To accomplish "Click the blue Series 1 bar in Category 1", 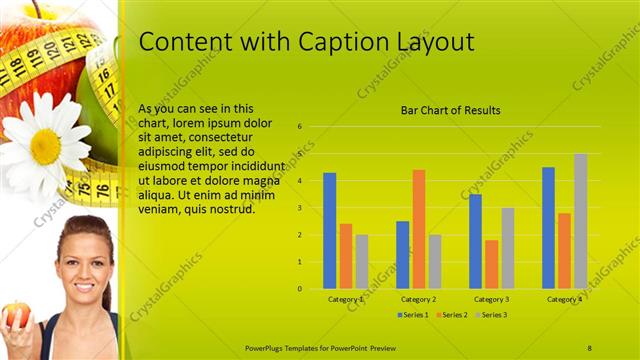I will coord(329,231).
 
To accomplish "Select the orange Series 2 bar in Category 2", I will coord(418,229).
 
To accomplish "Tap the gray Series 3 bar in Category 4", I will coord(580,221).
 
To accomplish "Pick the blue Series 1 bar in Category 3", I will coord(475,241).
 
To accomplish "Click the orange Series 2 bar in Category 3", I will coord(491,264).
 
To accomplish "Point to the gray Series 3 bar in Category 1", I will coord(362,261).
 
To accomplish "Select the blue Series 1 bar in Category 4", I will coord(548,228).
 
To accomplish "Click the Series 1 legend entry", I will coord(414,315).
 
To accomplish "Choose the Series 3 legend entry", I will coord(491,315).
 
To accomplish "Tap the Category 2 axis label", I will coord(418,299).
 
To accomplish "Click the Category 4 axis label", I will coord(564,299).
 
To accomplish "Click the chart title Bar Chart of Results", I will coord(450,110).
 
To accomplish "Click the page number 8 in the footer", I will coord(589,347).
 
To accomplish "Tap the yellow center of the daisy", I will coord(45,145).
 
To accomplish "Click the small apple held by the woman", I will coord(15,316).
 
